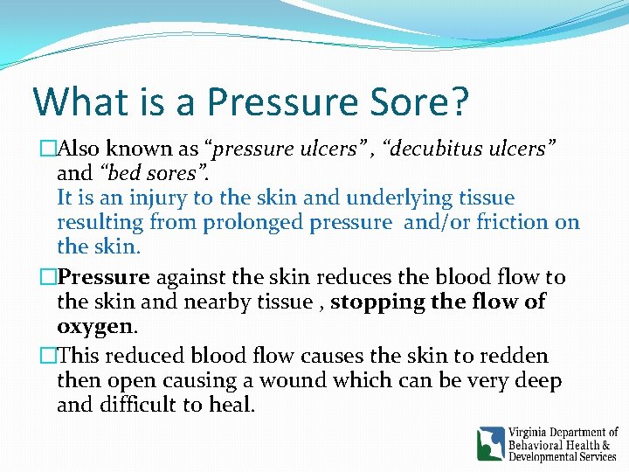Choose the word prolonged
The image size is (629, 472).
[x=253, y=222]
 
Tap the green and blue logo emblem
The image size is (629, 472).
[x=491, y=443]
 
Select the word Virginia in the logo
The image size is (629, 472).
[x=533, y=432]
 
